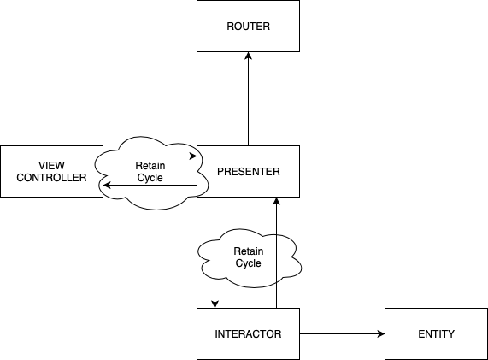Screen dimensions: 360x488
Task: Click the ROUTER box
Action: [x=248, y=27]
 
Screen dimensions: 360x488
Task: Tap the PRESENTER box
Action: [x=248, y=171]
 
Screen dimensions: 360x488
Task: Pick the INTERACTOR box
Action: [x=248, y=333]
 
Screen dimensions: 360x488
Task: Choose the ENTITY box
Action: [x=437, y=333]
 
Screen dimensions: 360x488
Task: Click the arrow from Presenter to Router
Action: [x=248, y=98]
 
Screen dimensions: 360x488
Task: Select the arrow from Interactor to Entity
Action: [x=342, y=333]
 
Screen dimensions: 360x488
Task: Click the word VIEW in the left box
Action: [x=52, y=165]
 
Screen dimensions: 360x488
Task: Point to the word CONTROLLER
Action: [x=52, y=178]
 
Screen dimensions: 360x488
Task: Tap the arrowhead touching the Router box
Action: [x=248, y=57]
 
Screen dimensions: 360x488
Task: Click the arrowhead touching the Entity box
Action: [x=380, y=333]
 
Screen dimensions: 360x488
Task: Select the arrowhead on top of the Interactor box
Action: [x=215, y=304]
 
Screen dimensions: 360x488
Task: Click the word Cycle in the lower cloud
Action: [x=248, y=263]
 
